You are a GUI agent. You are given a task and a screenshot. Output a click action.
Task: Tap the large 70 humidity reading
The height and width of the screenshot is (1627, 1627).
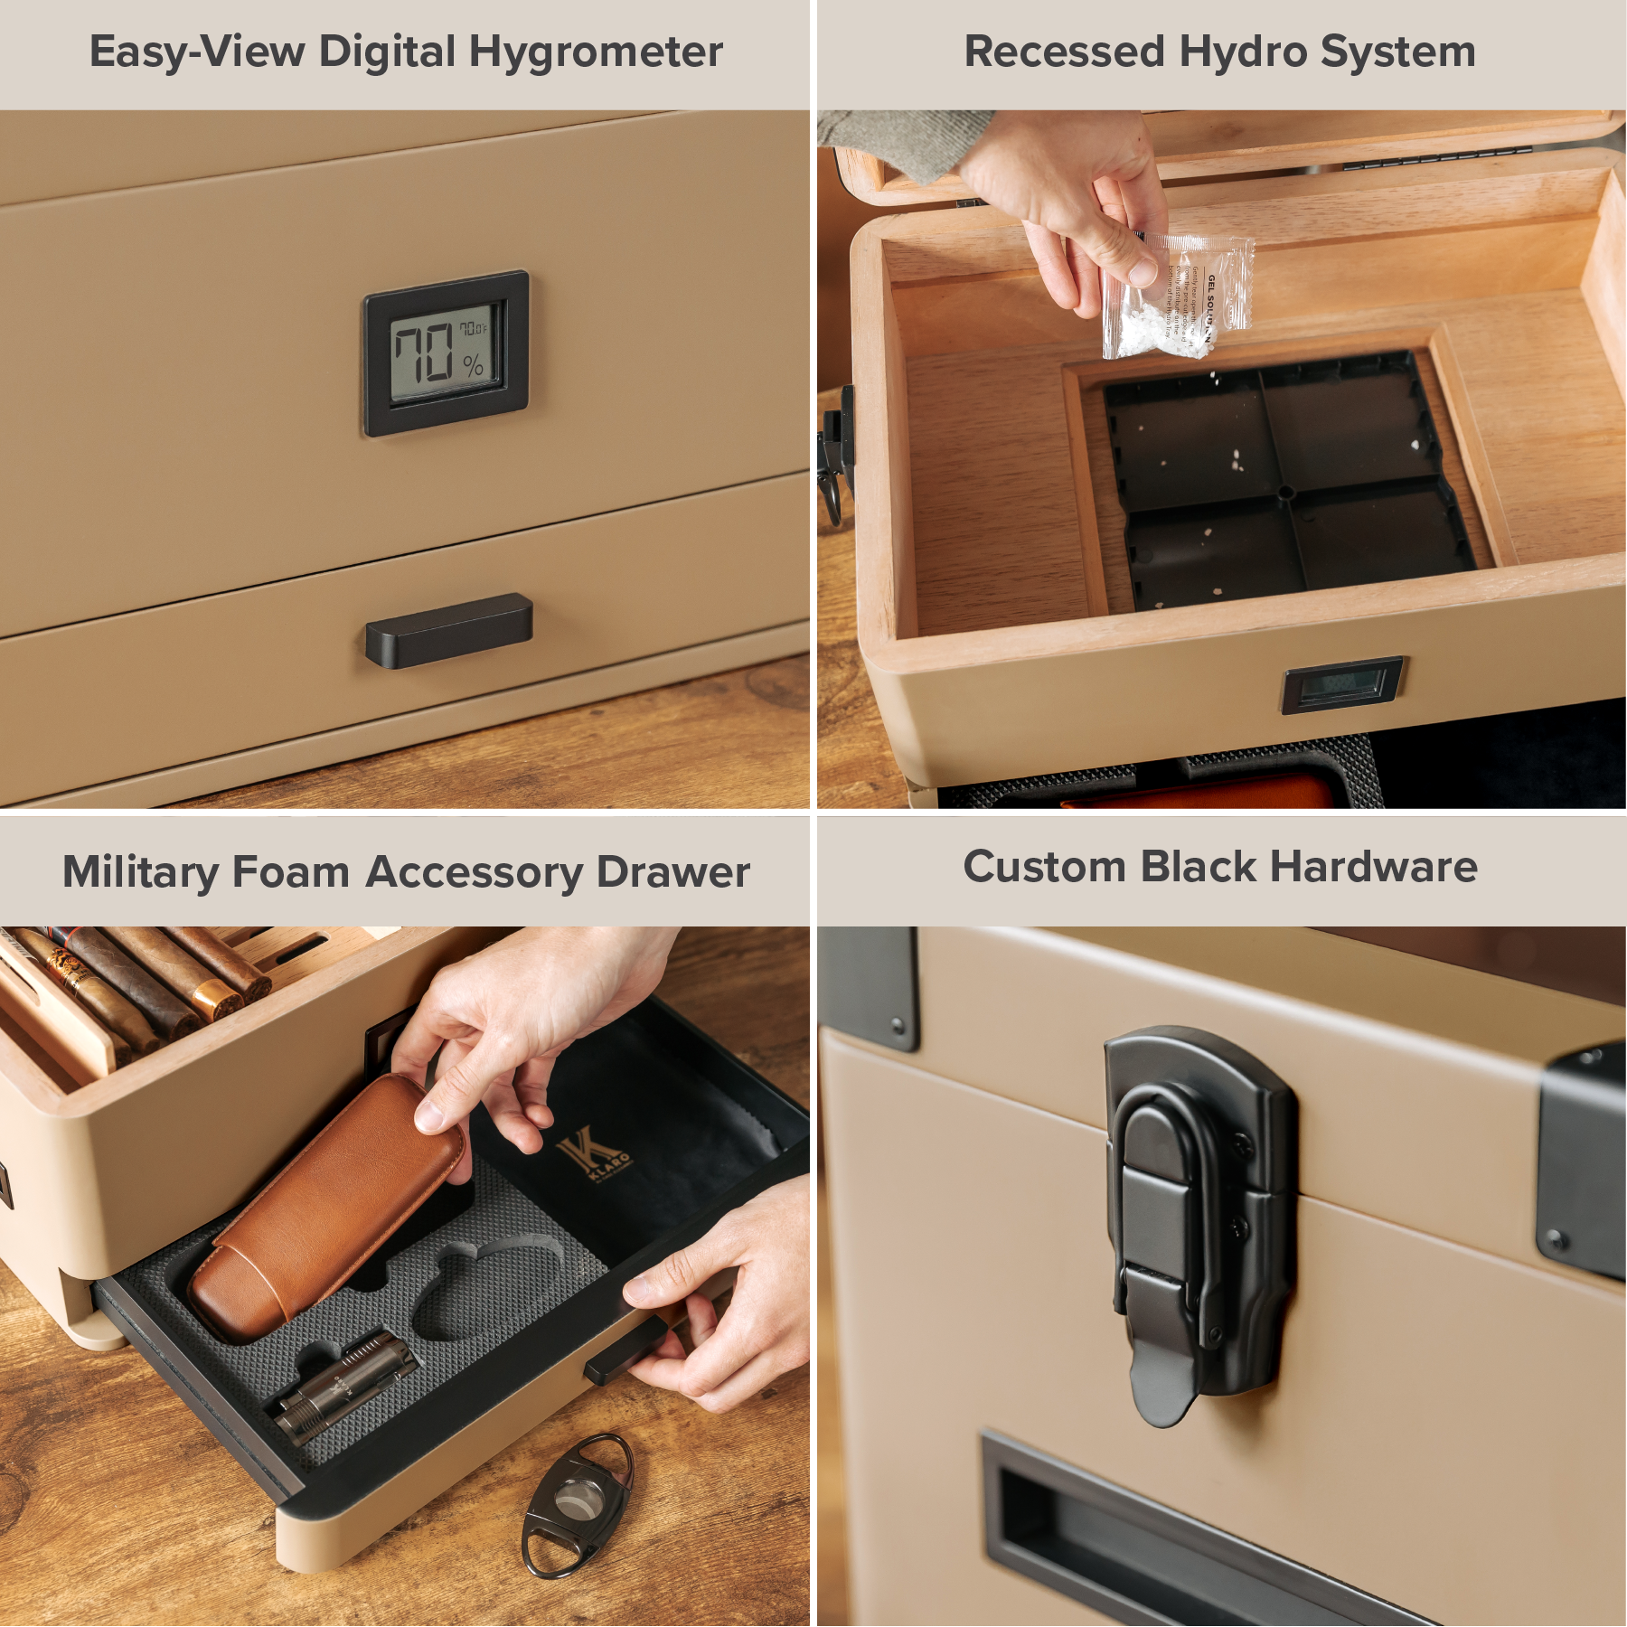click(x=423, y=352)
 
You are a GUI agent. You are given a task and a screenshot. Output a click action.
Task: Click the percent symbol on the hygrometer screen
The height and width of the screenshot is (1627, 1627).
click(x=473, y=366)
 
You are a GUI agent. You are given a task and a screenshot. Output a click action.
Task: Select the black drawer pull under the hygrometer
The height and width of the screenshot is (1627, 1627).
click(x=448, y=630)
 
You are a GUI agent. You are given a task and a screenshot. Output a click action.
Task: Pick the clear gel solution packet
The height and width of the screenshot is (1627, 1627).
click(x=1177, y=294)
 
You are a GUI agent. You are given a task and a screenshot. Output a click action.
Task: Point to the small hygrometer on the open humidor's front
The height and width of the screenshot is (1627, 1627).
click(x=1342, y=684)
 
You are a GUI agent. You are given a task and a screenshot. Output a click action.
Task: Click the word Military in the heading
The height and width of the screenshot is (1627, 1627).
click(x=140, y=873)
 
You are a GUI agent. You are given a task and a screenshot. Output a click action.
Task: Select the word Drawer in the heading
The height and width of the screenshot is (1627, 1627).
click(x=672, y=873)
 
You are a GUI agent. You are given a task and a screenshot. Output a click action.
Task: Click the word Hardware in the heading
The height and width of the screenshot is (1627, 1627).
click(x=1373, y=868)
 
